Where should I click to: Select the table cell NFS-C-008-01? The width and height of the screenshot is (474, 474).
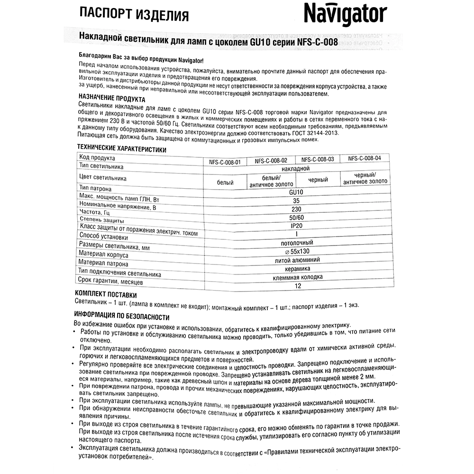(x=225, y=162)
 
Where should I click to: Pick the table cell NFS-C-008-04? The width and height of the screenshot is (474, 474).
(x=365, y=159)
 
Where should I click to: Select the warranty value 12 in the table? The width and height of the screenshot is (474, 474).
(x=297, y=286)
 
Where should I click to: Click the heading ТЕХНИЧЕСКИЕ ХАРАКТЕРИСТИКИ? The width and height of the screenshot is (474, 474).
(x=122, y=148)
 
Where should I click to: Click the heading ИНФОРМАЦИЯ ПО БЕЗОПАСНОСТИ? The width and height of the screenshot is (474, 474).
(x=122, y=316)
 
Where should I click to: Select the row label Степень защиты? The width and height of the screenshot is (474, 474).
(x=102, y=220)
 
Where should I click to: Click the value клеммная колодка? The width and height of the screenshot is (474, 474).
(x=297, y=277)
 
